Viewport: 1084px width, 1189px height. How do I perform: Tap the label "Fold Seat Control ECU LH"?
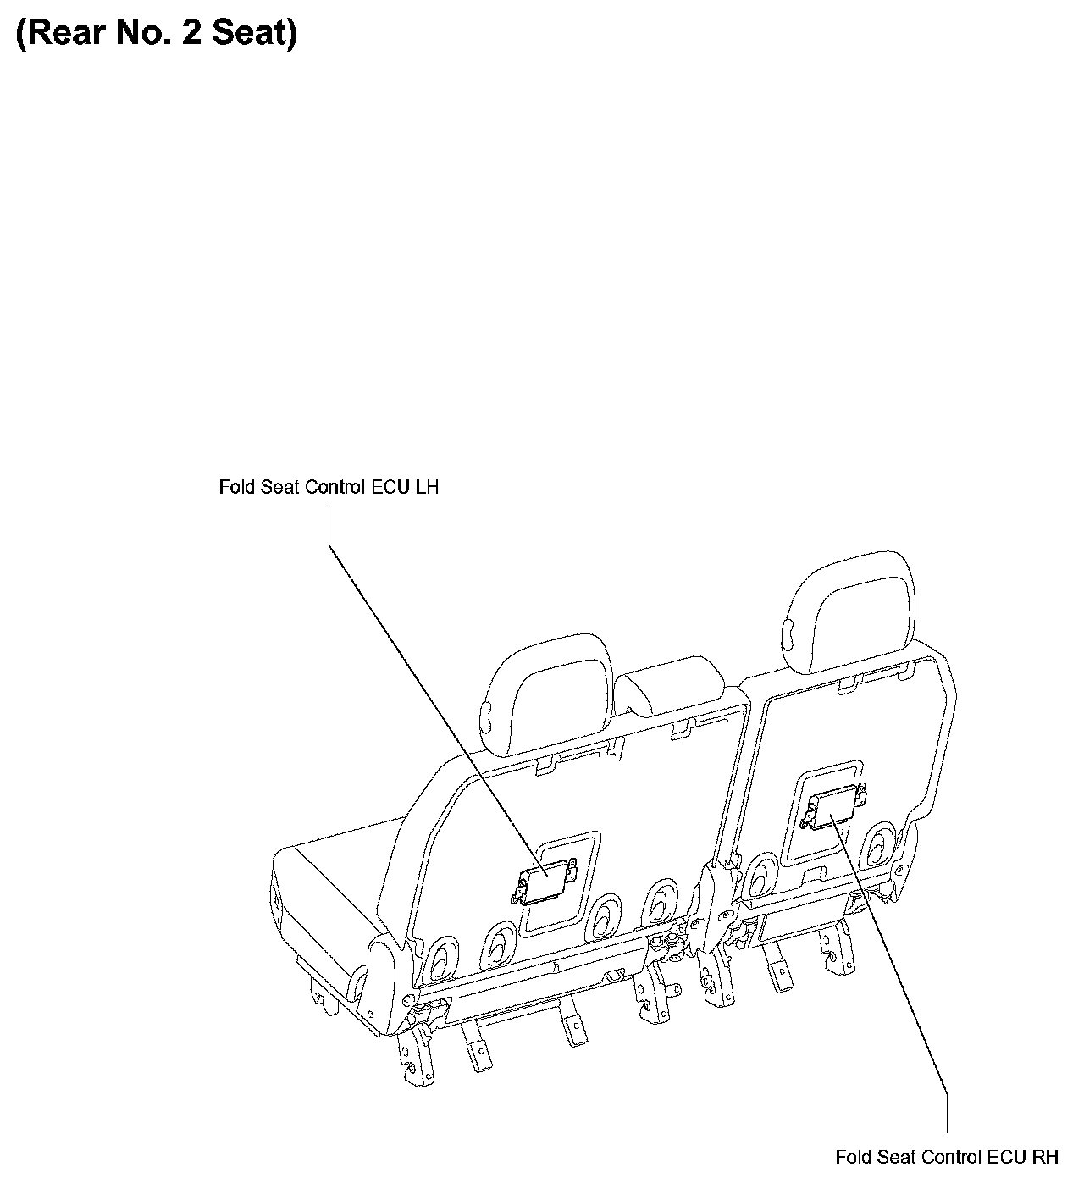point(329,488)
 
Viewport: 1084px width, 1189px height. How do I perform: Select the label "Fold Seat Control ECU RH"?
point(946,1157)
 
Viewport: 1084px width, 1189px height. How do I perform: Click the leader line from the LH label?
point(423,694)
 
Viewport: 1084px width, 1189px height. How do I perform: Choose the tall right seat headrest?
point(849,614)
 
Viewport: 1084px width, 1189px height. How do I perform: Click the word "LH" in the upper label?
point(427,488)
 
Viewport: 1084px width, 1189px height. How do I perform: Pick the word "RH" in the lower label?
point(1044,1157)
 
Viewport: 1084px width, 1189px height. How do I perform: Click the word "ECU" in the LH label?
point(393,488)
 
